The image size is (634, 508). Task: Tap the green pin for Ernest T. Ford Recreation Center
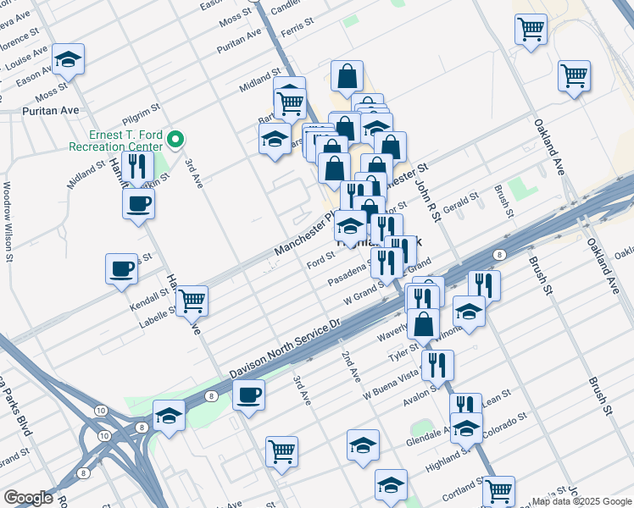pyautogui.click(x=176, y=139)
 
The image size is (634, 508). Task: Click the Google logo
pyautogui.click(x=28, y=498)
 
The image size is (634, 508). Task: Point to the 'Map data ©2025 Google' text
pyautogui.click(x=581, y=501)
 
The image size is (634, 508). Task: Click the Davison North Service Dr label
pyautogui.click(x=285, y=349)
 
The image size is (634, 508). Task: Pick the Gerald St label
pyautogui.click(x=461, y=204)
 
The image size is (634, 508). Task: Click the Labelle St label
pyautogui.click(x=158, y=313)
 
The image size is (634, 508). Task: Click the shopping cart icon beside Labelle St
pyautogui.click(x=192, y=299)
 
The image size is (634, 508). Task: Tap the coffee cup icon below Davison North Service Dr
pyautogui.click(x=248, y=394)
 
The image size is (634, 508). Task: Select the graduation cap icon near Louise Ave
pyautogui.click(x=68, y=58)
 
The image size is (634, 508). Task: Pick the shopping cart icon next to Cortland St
pyautogui.click(x=499, y=489)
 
